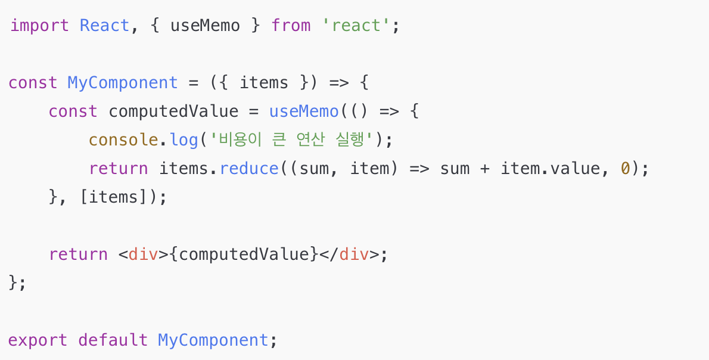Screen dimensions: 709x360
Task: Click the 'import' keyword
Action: [x=39, y=26]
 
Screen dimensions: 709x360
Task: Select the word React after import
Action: [x=104, y=26]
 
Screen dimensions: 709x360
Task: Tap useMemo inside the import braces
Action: [x=205, y=26]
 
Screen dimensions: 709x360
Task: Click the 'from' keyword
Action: [x=291, y=26]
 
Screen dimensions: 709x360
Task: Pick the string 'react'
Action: [x=356, y=26]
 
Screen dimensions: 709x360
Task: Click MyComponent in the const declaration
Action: [x=123, y=82]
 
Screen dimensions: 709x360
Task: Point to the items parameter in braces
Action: [x=264, y=82]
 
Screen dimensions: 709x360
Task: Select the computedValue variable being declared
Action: [x=173, y=111]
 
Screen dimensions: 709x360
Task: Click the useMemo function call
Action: [x=304, y=111]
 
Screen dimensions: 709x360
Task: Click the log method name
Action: [x=184, y=140]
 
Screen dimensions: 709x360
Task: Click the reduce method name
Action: [x=249, y=169]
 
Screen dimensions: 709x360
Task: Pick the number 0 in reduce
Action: [x=625, y=169]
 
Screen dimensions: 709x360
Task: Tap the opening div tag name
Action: [x=143, y=255]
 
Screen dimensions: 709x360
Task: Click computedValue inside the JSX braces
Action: [x=244, y=255]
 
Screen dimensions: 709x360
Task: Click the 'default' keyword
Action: [x=113, y=340]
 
